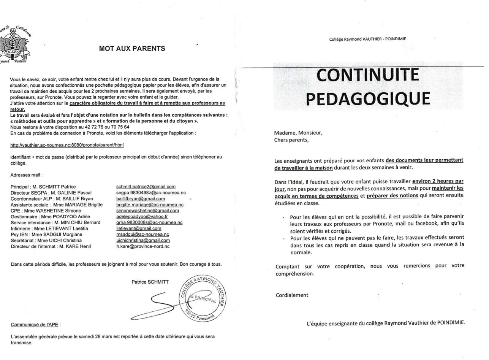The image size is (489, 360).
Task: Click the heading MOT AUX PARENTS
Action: click(132, 48)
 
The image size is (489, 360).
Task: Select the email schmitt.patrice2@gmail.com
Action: click(146, 187)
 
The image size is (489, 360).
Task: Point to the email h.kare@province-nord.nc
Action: click(142, 246)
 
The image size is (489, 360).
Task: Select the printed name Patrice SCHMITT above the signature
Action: click(150, 282)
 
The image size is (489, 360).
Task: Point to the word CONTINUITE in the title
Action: click(367, 75)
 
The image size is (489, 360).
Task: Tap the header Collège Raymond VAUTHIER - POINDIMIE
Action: click(368, 39)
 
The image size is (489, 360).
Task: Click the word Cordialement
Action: click(292, 295)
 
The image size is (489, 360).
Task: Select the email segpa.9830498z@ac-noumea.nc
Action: click(151, 193)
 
